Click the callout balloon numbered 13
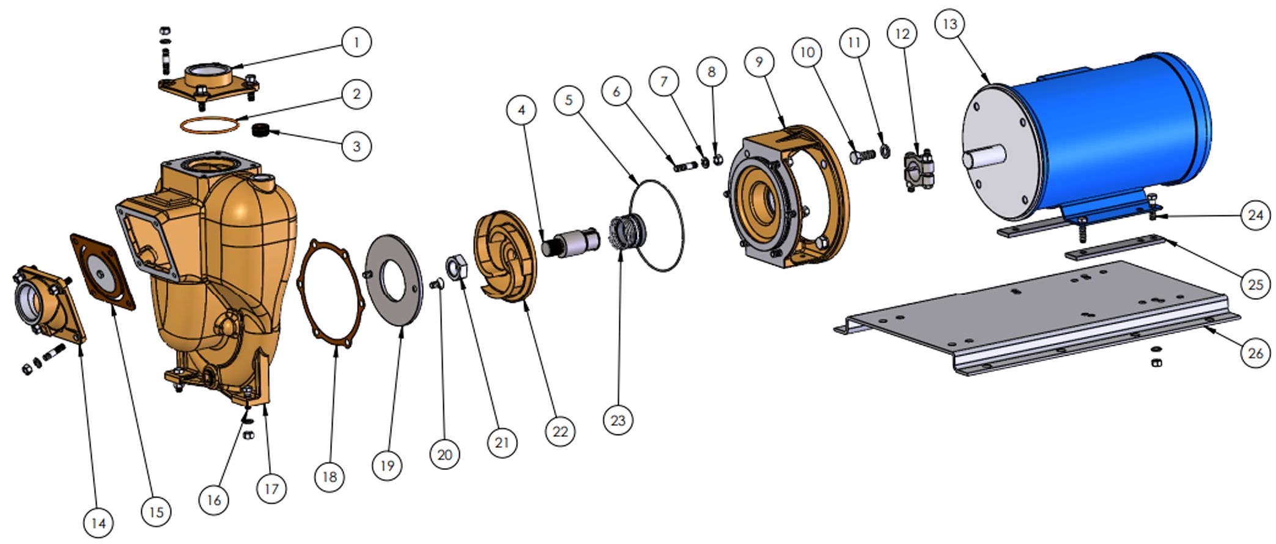[x=950, y=24]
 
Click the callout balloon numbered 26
[x=1255, y=353]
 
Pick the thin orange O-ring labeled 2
[x=208, y=124]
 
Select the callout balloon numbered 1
[x=356, y=42]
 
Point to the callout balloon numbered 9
[x=759, y=62]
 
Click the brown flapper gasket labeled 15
[x=102, y=271]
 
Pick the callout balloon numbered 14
[x=98, y=523]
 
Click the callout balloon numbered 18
[x=330, y=476]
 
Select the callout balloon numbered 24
[x=1255, y=215]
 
